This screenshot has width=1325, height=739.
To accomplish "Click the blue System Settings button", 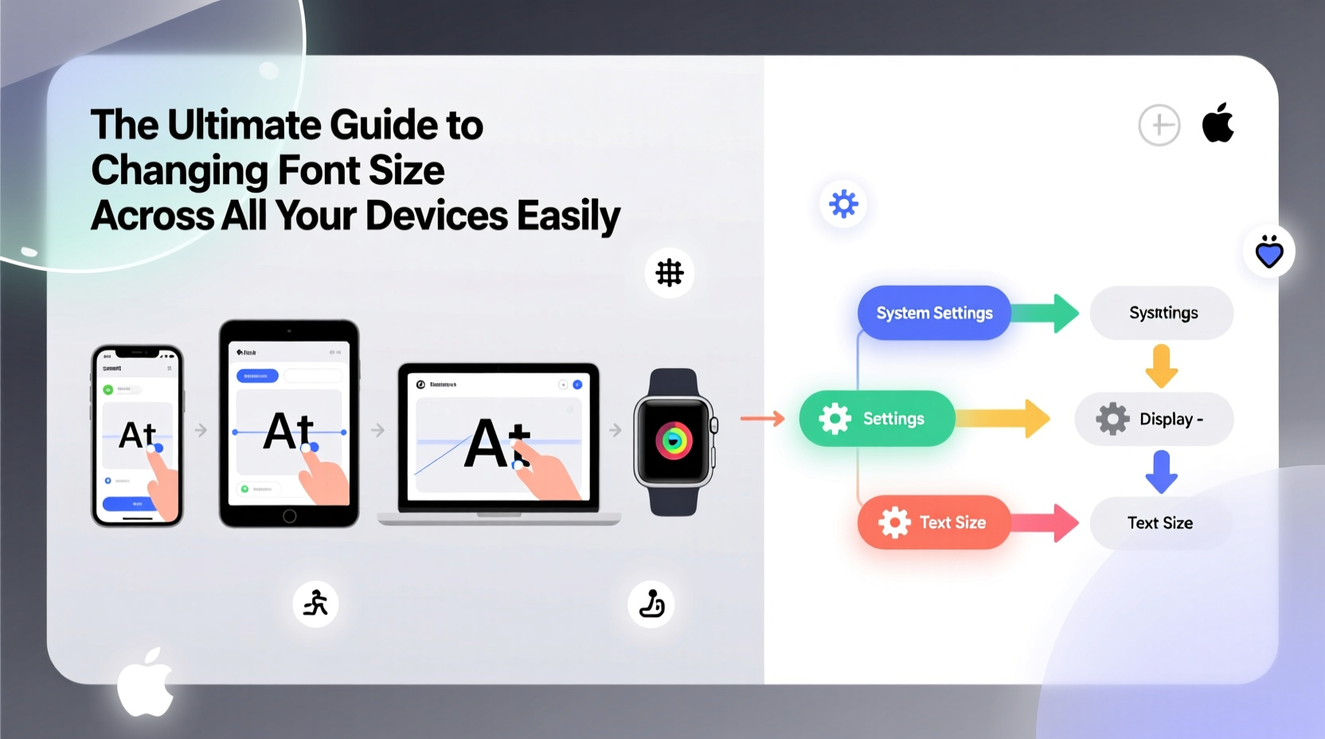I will point(934,313).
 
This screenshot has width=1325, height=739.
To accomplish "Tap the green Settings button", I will point(877,418).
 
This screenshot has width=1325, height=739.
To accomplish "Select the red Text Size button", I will point(933,522).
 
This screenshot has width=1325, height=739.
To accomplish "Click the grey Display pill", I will point(1154,419).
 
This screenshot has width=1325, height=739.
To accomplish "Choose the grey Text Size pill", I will point(1160,523).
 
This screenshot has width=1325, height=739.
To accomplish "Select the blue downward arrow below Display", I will point(1162,471).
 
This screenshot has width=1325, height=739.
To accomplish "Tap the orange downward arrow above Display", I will point(1162,366).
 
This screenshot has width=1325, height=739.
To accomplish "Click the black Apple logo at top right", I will point(1218,123).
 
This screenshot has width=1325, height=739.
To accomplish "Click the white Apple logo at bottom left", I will point(145,682).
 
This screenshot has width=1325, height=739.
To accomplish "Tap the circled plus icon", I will point(1159,125).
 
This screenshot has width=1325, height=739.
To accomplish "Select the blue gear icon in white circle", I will point(843,204).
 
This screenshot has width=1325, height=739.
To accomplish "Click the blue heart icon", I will point(1269,252).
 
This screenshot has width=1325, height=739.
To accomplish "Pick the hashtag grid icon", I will point(670,273).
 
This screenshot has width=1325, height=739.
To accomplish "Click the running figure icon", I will point(316,603).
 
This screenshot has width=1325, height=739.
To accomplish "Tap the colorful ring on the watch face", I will point(674,440).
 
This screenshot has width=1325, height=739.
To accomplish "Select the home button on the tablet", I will point(290,516).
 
